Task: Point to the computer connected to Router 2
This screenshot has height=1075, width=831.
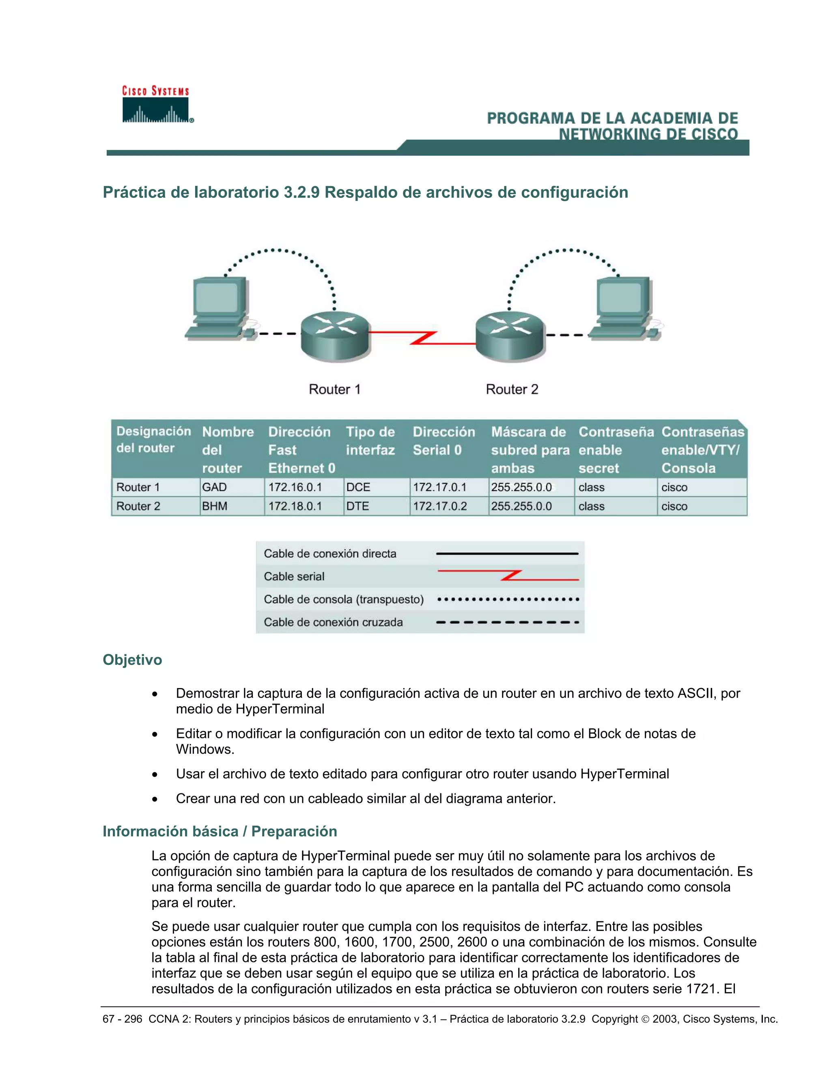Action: tap(624, 308)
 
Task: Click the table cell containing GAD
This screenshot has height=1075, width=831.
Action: tap(231, 487)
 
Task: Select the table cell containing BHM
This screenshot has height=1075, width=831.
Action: tap(231, 506)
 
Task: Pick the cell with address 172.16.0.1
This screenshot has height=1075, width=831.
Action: tap(303, 487)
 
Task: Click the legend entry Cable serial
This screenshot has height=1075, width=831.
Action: tap(294, 576)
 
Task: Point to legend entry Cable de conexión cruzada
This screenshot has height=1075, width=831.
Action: tap(333, 622)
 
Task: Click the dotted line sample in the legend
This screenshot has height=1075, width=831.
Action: tap(508, 600)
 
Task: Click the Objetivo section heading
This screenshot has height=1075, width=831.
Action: tap(132, 660)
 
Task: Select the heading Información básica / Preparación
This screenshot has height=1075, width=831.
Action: tap(220, 831)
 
